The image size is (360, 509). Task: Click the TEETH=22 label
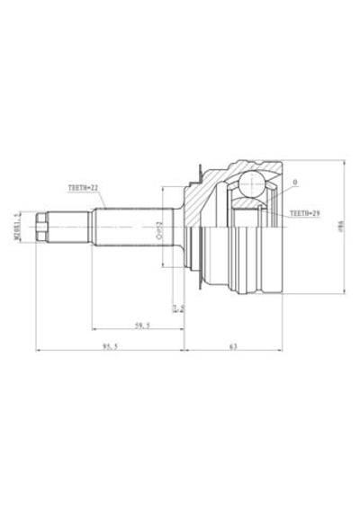(x=82, y=190)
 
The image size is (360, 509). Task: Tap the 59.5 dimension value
(x=141, y=325)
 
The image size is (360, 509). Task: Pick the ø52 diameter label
(x=159, y=228)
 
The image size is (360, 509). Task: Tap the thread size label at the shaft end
(x=18, y=228)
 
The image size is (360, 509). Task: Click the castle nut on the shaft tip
(x=41, y=228)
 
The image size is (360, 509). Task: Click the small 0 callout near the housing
(x=294, y=183)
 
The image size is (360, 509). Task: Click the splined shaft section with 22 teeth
(x=126, y=228)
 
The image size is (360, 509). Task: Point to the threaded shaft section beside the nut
(x=69, y=228)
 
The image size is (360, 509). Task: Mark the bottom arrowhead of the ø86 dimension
(x=345, y=292)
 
